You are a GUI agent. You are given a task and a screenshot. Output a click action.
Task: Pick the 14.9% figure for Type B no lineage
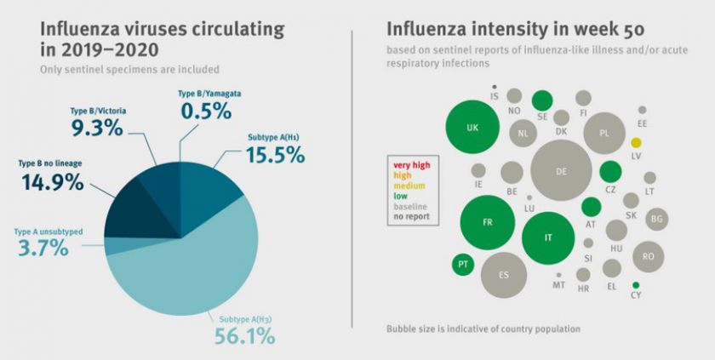[51, 181]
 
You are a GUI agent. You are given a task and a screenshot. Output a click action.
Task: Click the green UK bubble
[472, 127]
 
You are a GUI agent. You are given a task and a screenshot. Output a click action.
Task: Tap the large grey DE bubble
[561, 171]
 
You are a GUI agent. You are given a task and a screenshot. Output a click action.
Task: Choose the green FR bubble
[487, 223]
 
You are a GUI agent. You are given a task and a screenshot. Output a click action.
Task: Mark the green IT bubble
[548, 237]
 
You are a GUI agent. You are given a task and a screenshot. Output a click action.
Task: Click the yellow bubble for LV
[636, 142]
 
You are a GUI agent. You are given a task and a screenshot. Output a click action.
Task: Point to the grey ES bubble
[504, 274]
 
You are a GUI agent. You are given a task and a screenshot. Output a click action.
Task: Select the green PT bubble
[462, 264]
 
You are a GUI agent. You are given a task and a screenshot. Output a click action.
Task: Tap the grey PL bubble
[604, 134]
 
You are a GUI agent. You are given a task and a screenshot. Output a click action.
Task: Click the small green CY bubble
[636, 284]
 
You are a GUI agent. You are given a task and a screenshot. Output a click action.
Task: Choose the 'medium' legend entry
[409, 185]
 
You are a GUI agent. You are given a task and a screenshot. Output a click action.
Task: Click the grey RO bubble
[649, 255]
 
